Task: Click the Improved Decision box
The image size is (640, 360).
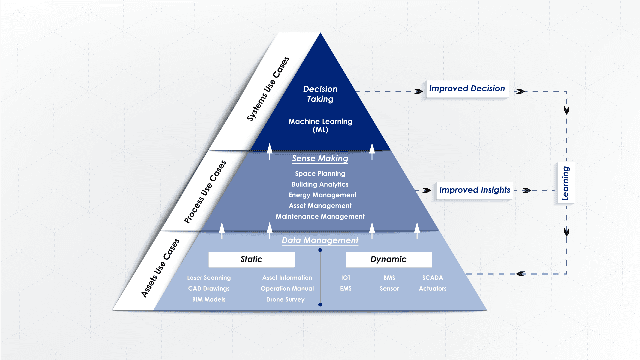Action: click(467, 89)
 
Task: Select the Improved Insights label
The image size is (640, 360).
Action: click(474, 190)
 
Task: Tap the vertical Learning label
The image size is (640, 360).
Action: click(565, 183)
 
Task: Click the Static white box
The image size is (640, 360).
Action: click(251, 259)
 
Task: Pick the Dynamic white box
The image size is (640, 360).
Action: click(388, 259)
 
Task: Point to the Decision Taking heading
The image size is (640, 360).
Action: click(320, 94)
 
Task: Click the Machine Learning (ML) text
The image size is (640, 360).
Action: click(320, 125)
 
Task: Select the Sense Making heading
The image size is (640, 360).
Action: click(320, 158)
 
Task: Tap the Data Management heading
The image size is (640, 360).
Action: click(320, 240)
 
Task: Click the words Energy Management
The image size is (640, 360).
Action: click(322, 195)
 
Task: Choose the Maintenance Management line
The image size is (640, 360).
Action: click(320, 217)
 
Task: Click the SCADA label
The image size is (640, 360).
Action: click(432, 278)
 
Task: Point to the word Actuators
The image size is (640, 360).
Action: click(432, 289)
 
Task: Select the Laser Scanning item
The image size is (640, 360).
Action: click(209, 278)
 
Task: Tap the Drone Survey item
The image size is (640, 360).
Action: click(285, 300)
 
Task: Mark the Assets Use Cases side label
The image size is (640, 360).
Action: click(160, 268)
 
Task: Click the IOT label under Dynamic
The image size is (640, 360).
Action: click(346, 278)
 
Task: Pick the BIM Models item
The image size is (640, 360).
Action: click(209, 300)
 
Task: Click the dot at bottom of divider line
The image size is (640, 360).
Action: click(320, 305)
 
